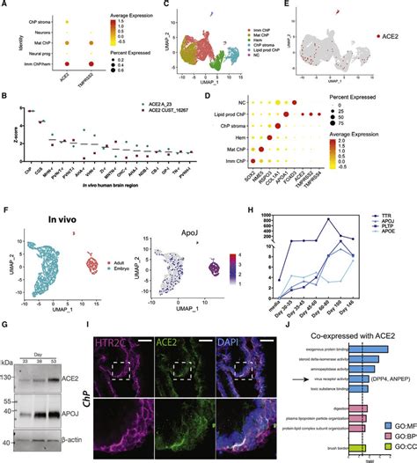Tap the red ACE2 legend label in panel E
click(391, 37)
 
